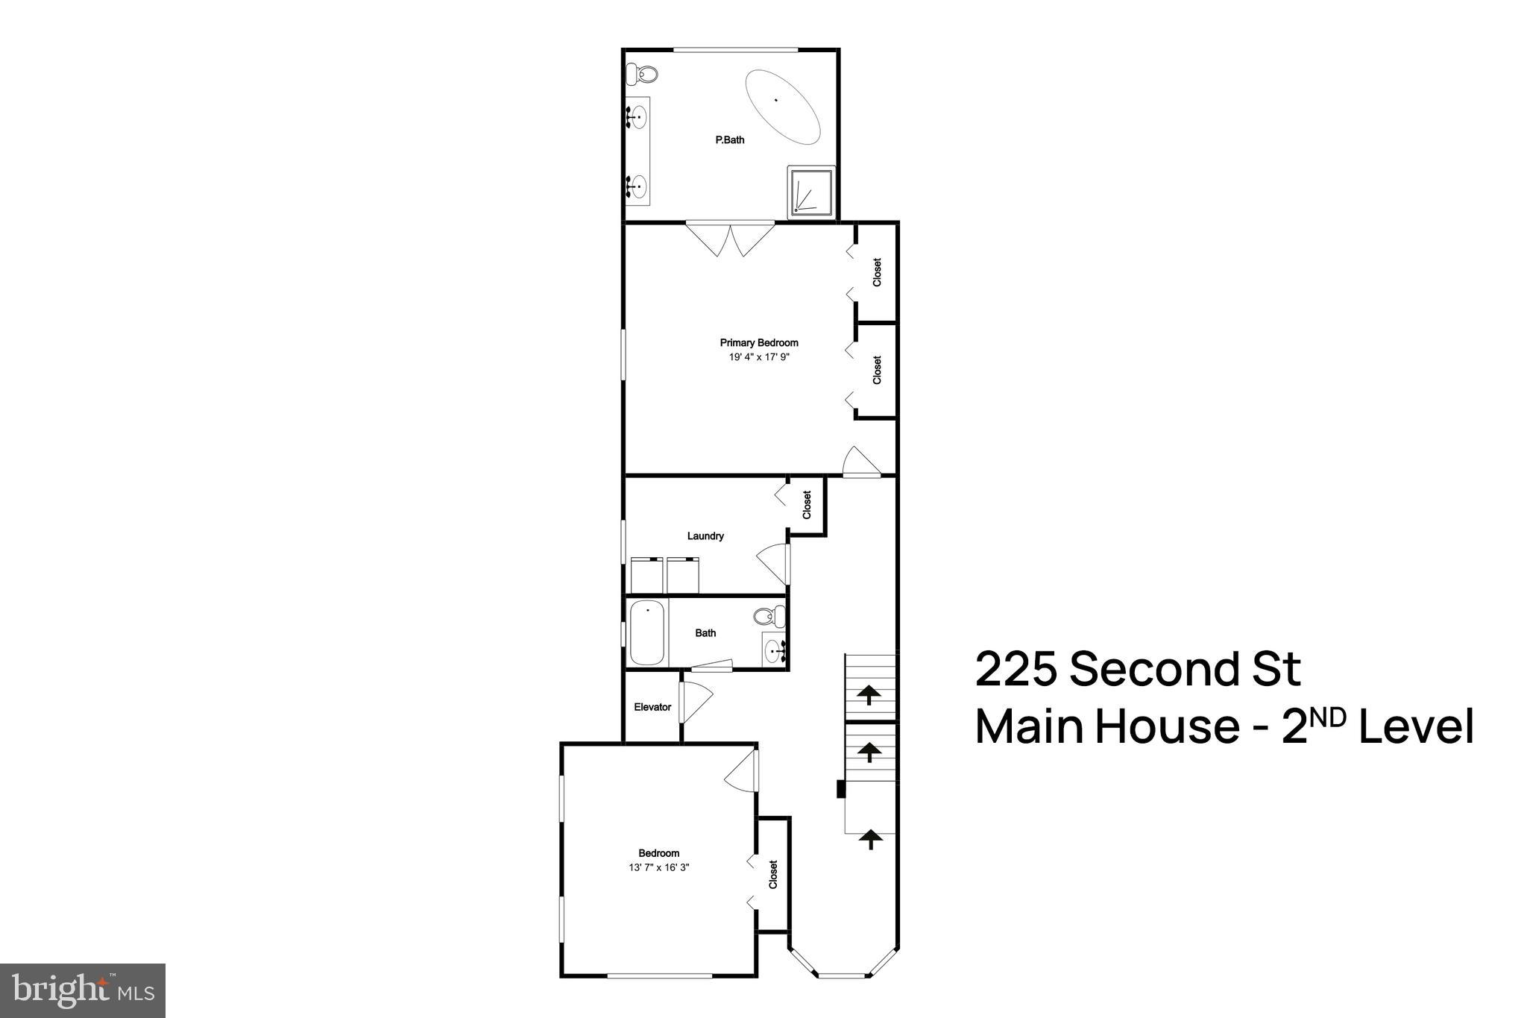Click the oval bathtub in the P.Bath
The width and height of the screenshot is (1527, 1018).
click(783, 107)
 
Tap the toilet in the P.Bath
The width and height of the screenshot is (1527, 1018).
click(642, 75)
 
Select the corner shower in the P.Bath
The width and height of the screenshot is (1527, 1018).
click(811, 192)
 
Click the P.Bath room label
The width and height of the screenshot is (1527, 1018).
click(730, 140)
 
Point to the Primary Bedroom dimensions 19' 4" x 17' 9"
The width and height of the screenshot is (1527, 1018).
click(759, 357)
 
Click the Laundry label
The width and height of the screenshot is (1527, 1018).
click(705, 536)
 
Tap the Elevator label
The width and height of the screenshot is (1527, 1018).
click(652, 707)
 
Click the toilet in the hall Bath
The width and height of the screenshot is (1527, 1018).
click(769, 616)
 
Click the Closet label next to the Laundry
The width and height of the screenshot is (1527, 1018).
click(807, 505)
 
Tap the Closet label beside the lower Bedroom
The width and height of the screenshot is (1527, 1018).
click(773, 874)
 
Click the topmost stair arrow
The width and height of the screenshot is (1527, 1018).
click(869, 695)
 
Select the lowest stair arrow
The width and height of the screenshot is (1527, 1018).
click(869, 840)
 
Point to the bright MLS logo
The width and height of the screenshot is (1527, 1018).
click(83, 990)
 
